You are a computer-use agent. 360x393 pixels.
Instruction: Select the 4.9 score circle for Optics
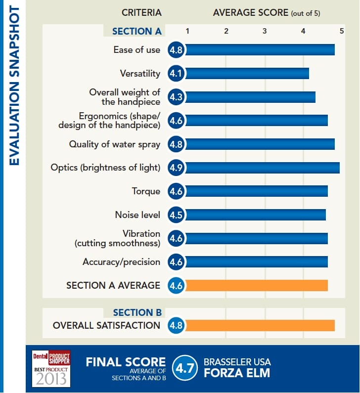pyautogui.click(x=176, y=168)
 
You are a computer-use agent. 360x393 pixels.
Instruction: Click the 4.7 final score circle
pyautogui.click(x=185, y=368)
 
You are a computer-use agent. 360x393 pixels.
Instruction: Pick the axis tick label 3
pyautogui.click(x=265, y=31)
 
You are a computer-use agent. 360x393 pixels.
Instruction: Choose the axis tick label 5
pyautogui.click(x=341, y=31)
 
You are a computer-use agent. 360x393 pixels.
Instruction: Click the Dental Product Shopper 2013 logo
pyautogui.click(x=51, y=368)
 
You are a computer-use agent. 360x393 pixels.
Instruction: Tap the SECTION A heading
pyautogui.click(x=137, y=31)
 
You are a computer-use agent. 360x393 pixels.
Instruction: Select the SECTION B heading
pyautogui.click(x=137, y=312)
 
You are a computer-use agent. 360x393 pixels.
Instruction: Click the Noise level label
pyautogui.click(x=137, y=215)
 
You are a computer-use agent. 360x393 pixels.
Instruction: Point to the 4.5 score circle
pyautogui.click(x=176, y=215)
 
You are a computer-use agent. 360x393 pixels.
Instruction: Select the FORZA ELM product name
pyautogui.click(x=237, y=373)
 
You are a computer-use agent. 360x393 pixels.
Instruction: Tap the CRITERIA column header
pyautogui.click(x=141, y=12)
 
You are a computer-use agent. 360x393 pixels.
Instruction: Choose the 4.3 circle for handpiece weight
pyautogui.click(x=176, y=97)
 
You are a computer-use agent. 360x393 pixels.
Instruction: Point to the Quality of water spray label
pyautogui.click(x=114, y=144)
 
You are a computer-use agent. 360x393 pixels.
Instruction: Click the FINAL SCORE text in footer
pyautogui.click(x=126, y=362)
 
